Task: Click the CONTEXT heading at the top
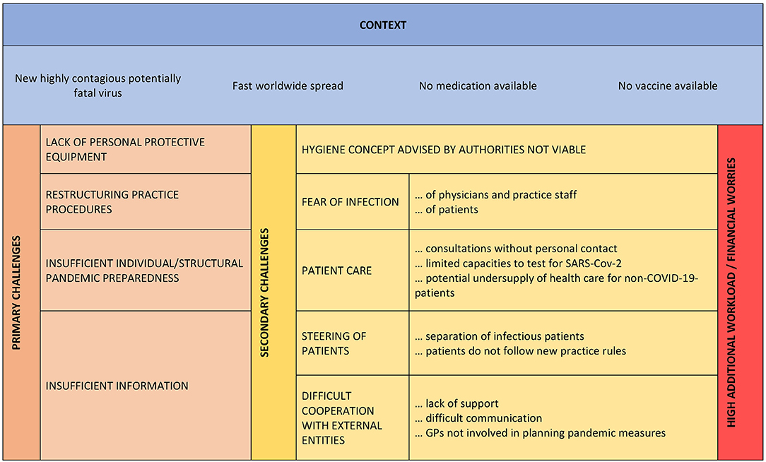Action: point(382,25)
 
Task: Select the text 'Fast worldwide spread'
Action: point(288,86)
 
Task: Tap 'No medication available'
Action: point(478,86)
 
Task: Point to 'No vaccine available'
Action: point(668,86)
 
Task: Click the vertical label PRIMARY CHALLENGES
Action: point(17,292)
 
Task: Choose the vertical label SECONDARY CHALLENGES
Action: point(264,292)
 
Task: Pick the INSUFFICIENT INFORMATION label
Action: point(117,386)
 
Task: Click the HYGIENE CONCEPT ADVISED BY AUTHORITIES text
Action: point(444,150)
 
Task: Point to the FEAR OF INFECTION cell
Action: point(350,202)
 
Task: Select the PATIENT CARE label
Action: point(336,270)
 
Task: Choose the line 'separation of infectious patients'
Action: point(500,336)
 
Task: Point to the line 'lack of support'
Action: point(456,403)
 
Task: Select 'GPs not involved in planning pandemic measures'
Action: point(541,433)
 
